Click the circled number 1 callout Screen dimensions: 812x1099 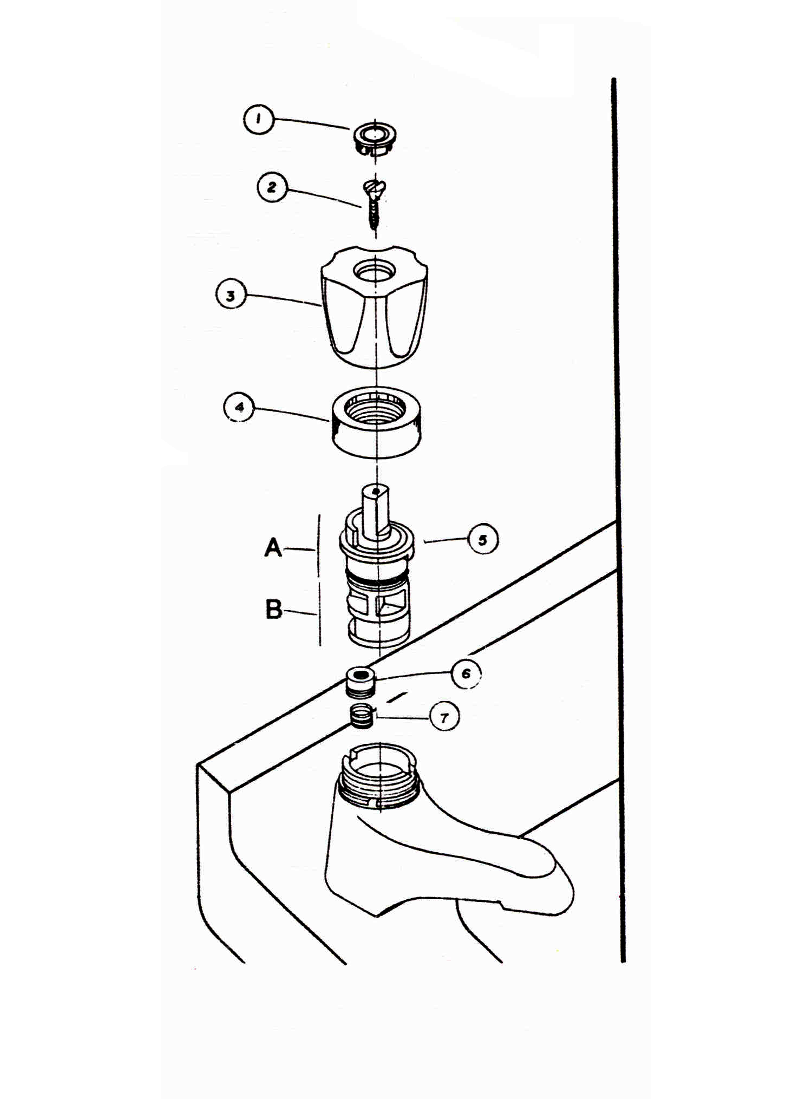click(x=258, y=120)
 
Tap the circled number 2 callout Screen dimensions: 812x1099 click(x=272, y=187)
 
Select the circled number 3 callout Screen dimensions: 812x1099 click(x=231, y=296)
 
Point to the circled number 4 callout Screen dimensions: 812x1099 click(x=239, y=407)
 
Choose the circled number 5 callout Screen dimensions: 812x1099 click(x=482, y=539)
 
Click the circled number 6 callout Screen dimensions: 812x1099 click(x=466, y=673)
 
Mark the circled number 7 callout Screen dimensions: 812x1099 click(x=444, y=718)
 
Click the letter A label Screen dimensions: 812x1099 click(x=273, y=547)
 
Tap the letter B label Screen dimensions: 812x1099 click(x=274, y=609)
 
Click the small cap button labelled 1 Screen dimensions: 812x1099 click(x=374, y=139)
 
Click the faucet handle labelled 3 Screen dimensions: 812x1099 click(x=374, y=307)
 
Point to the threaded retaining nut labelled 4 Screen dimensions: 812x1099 click(x=377, y=422)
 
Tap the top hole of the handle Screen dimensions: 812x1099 click(x=374, y=269)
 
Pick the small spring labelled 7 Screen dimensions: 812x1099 click(x=362, y=716)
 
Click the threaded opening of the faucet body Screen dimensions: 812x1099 click(x=379, y=777)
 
